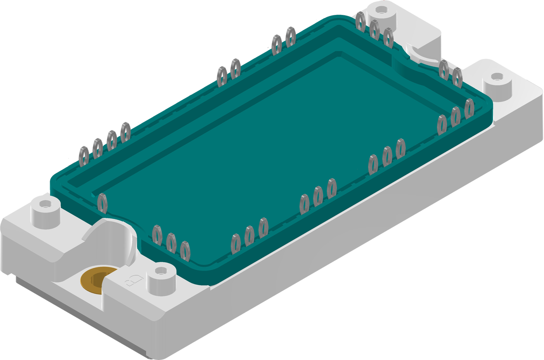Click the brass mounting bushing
coord(93,281)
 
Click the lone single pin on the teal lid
coord(102,203)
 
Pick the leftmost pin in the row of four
coord(84,155)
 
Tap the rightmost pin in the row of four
coord(125,131)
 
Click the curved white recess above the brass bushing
coord(111,238)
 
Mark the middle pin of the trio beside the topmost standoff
coord(374,30)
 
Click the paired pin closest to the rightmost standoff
coord(457,77)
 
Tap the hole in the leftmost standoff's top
coord(44,202)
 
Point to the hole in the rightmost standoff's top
coord(496,77)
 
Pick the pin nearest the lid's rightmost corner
coord(469,108)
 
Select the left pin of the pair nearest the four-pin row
coord(221,76)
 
